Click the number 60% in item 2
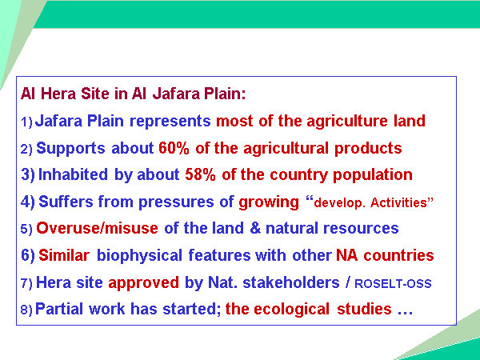point(174,148)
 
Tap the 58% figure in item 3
point(200,174)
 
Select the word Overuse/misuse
point(97,228)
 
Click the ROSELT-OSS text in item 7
point(393,284)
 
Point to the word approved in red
point(143,283)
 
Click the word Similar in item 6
point(64,255)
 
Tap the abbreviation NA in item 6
point(347,255)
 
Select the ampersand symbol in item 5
point(255,228)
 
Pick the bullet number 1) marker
point(26,122)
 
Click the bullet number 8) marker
point(26,310)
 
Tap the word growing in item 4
point(269,203)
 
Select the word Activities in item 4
point(398,202)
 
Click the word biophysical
point(139,256)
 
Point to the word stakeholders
point(291,282)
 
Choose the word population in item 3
point(373,175)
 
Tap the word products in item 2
point(368,149)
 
